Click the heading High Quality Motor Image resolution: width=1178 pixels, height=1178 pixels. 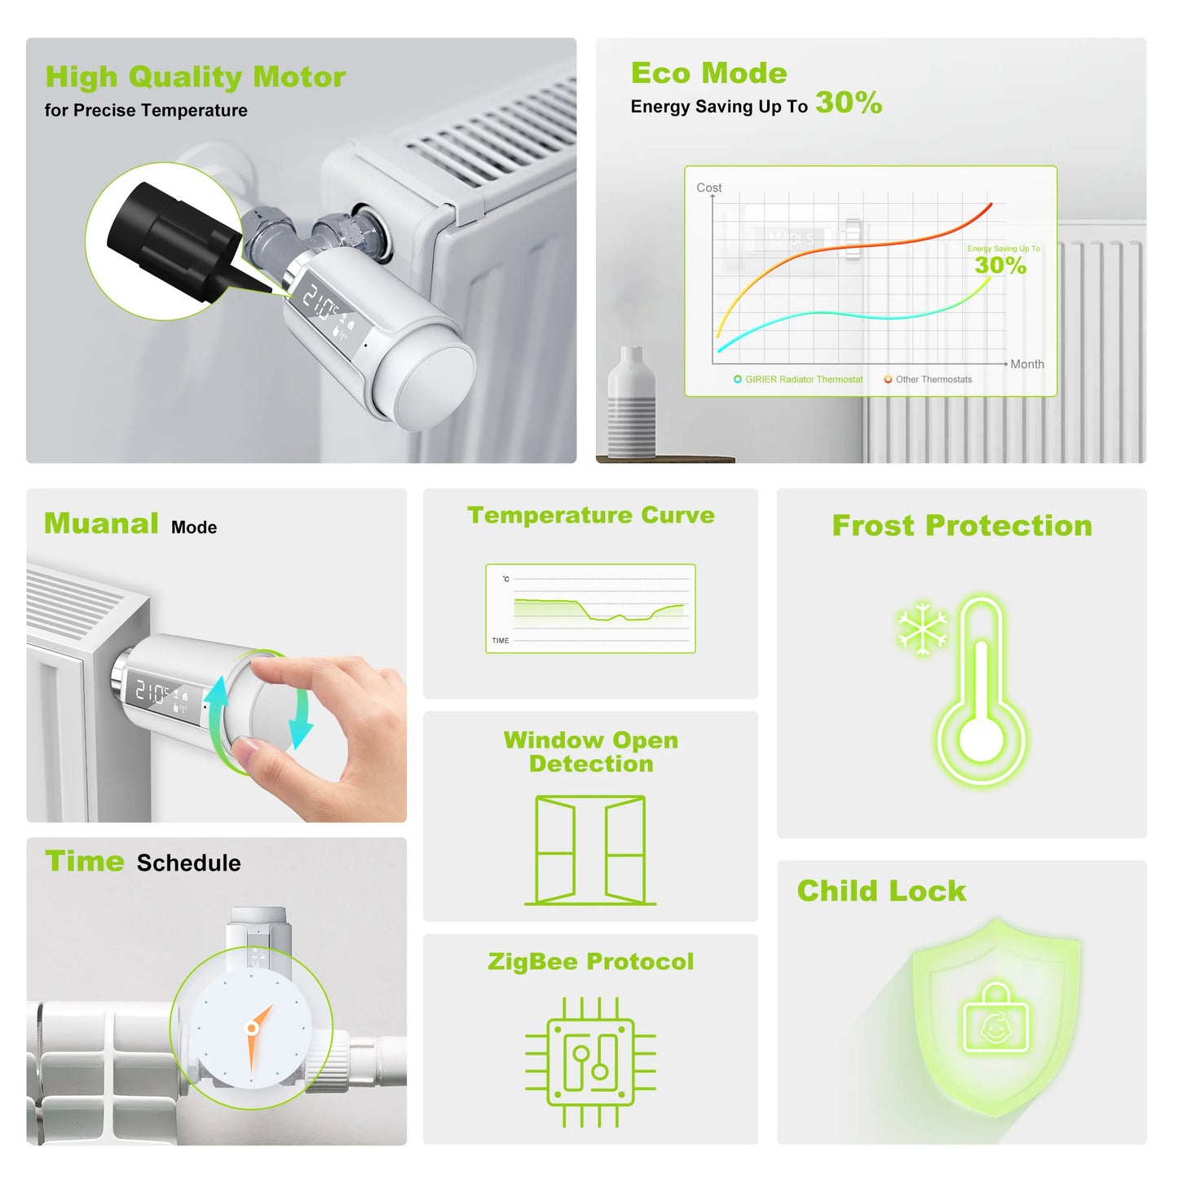point(195,77)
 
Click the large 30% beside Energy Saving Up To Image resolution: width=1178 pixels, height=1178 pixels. point(848,103)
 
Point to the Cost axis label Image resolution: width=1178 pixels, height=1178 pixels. point(708,188)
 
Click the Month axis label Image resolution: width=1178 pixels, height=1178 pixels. point(1026,364)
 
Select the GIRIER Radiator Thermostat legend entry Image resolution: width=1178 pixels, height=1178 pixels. point(798,380)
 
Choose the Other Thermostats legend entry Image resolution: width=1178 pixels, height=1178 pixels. point(929,380)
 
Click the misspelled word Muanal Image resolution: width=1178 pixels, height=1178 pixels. point(101,523)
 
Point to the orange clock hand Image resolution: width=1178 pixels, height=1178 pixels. point(257,1035)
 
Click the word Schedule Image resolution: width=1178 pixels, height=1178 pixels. point(188,863)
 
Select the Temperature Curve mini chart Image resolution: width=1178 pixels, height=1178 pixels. point(590,608)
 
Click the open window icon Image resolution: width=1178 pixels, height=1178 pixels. point(590,850)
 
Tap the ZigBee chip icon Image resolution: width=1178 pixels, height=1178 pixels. point(590,1061)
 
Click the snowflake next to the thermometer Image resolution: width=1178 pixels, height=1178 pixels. point(922,629)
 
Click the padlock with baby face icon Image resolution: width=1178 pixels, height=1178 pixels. point(995,1019)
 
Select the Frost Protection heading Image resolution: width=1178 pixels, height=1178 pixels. point(961,526)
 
